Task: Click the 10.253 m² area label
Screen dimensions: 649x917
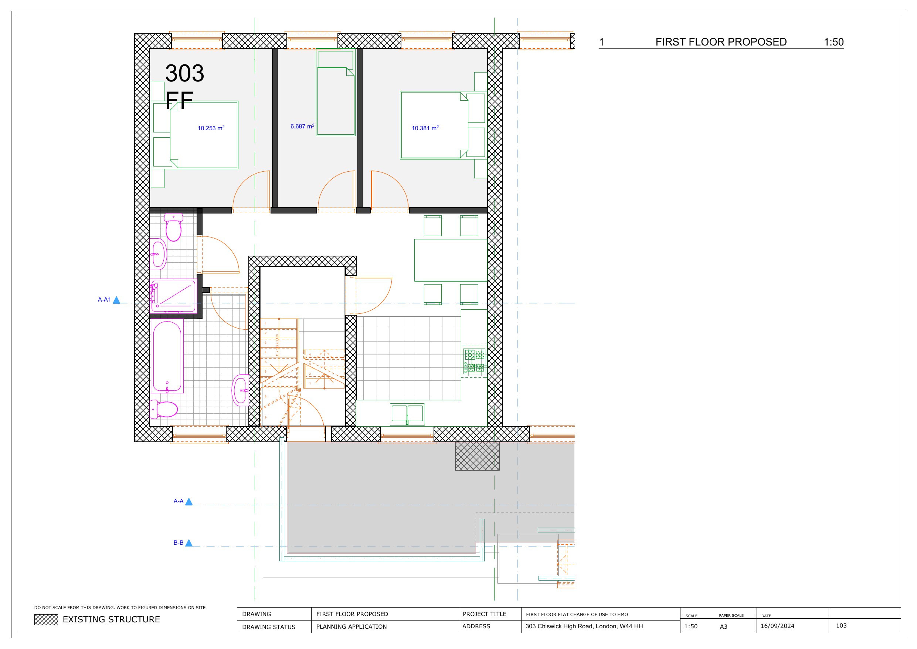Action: point(211,128)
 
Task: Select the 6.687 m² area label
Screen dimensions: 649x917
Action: point(302,127)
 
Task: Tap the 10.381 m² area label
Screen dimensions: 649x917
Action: point(425,128)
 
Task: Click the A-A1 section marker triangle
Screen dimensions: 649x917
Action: point(116,300)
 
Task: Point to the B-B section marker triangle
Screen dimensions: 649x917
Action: point(189,543)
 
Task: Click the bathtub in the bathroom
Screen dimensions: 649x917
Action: point(167,356)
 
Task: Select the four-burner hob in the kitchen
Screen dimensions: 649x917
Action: point(475,361)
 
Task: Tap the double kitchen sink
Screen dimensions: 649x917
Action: point(407,413)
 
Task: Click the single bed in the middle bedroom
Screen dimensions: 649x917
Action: point(336,96)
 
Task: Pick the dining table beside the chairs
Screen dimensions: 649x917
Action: point(451,260)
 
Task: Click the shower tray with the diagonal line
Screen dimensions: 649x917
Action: point(174,296)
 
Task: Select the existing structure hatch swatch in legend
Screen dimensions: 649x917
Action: point(46,619)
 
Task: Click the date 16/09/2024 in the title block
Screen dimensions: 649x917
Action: point(777,626)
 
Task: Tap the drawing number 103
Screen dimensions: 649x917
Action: point(841,625)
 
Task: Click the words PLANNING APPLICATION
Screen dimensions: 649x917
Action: point(351,626)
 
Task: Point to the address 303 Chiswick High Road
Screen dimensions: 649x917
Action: point(584,626)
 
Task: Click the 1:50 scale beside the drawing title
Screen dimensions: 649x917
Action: point(833,42)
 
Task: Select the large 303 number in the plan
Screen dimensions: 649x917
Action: point(184,73)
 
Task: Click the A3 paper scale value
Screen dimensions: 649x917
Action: point(723,626)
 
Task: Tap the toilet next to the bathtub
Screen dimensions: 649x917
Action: point(165,410)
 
